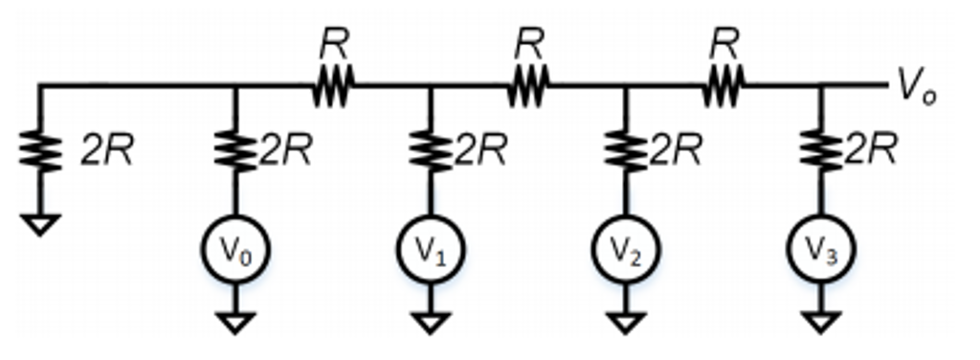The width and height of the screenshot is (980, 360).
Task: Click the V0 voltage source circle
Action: [235, 250]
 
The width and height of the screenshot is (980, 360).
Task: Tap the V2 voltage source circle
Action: [625, 250]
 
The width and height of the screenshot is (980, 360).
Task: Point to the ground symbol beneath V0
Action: [235, 323]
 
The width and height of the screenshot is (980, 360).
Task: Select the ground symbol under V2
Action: [625, 323]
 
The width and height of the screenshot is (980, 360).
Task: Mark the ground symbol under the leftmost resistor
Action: [40, 224]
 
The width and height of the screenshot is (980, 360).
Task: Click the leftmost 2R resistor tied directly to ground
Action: [40, 151]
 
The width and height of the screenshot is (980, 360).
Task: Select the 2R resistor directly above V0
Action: [235, 151]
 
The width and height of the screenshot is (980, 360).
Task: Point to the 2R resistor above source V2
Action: [625, 151]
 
